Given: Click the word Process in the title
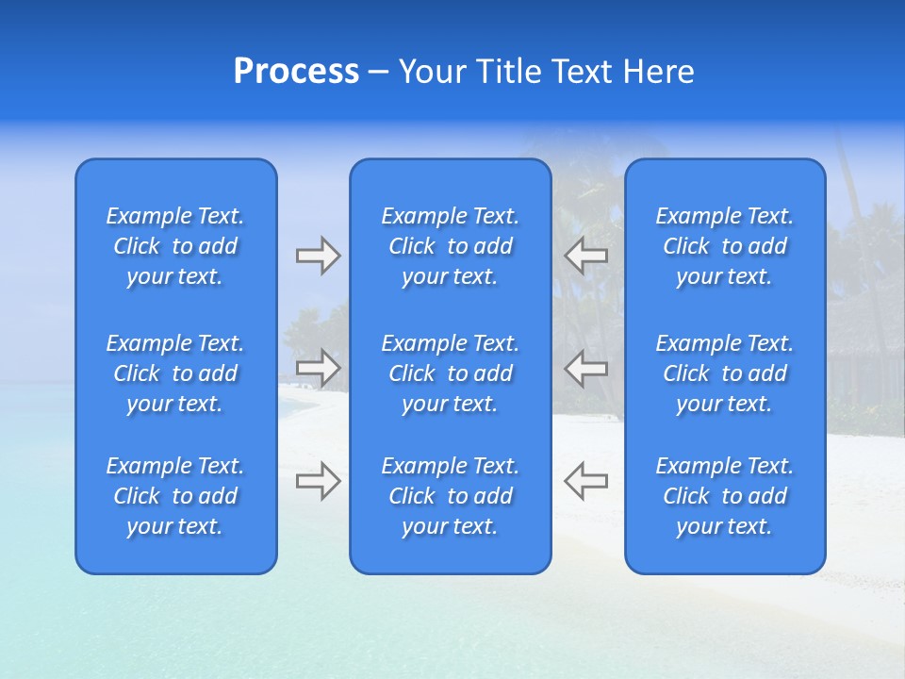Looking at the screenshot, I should point(296,72).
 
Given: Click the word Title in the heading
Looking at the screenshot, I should point(507,72).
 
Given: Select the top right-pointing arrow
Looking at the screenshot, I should point(318,256).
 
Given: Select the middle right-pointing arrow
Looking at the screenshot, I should point(318,368).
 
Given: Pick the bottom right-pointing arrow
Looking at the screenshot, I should point(318,481).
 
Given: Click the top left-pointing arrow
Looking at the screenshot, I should point(585,256).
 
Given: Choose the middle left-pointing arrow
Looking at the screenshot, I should point(585,368).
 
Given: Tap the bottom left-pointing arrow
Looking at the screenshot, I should point(585,481).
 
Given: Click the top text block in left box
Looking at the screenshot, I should point(175,246).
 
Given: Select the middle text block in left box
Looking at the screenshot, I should point(175,373).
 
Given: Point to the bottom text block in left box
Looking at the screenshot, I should point(175,496).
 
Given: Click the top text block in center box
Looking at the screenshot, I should point(451,246).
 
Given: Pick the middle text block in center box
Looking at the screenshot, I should point(451,373).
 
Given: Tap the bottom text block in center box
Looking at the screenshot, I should point(451,496).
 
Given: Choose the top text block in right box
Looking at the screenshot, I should point(725,246).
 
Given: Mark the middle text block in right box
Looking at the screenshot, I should point(725,373).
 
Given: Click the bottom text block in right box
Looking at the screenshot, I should point(725,496).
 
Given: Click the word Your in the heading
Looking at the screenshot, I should point(432,72).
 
